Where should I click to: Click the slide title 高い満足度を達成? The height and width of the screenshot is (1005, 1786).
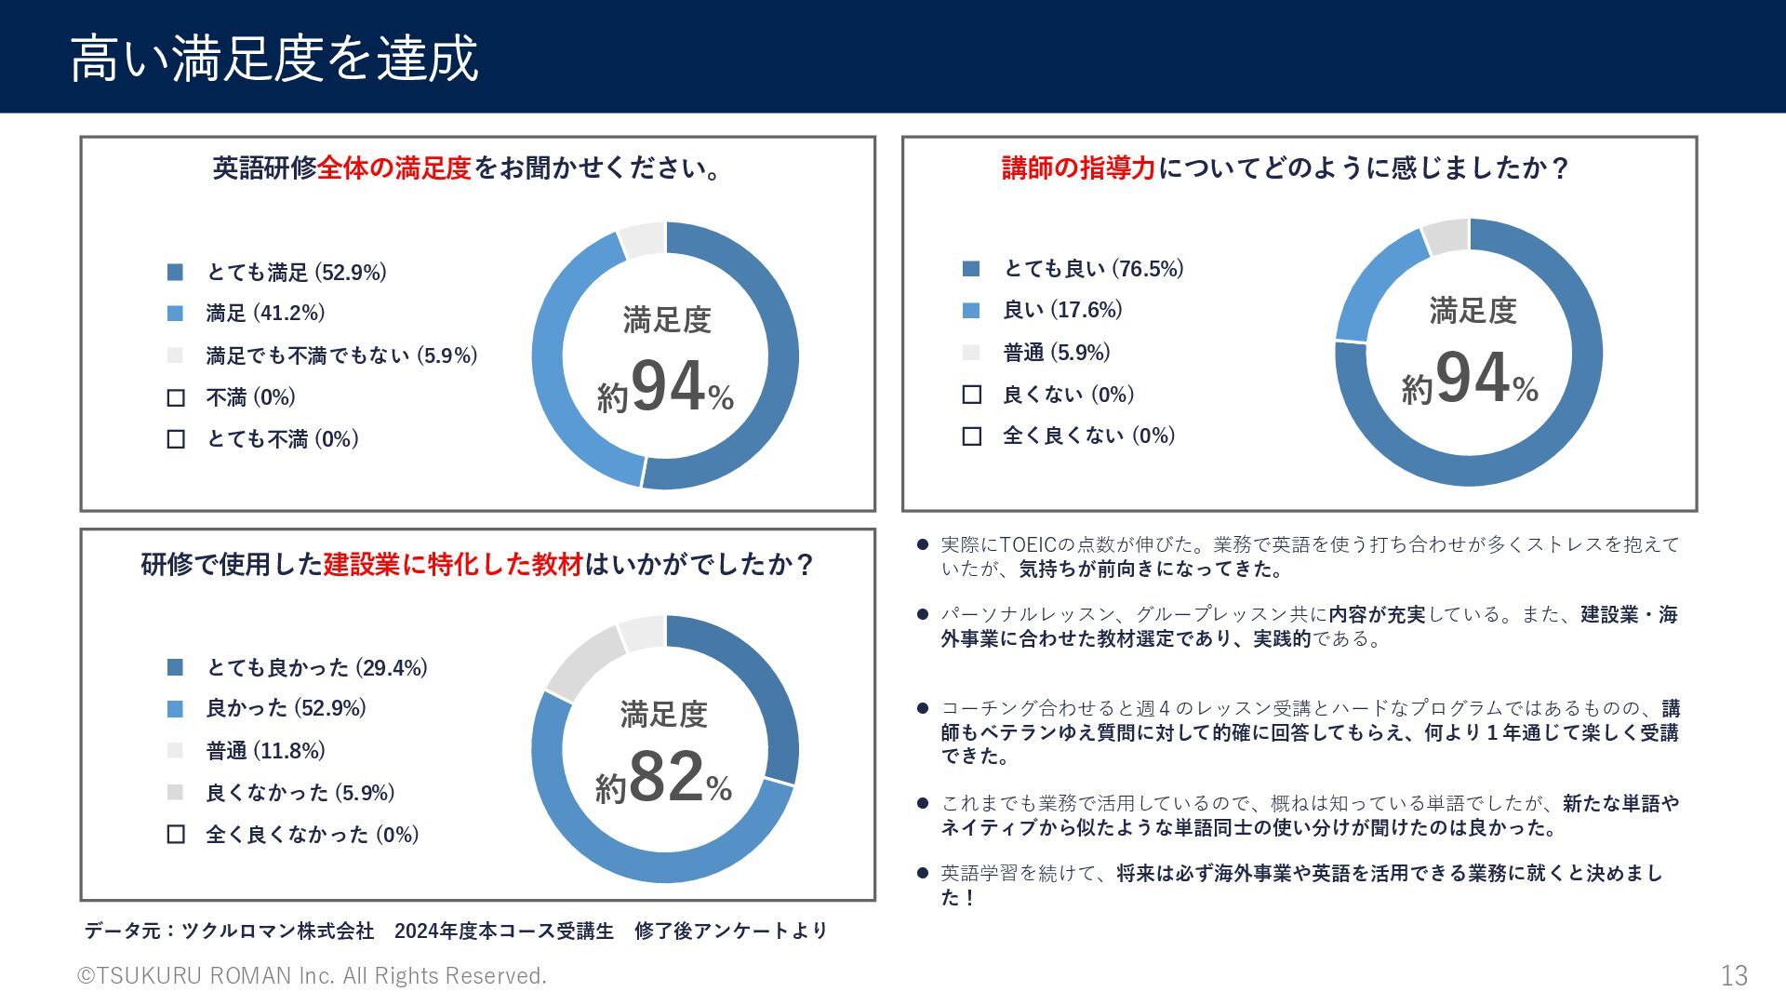273,58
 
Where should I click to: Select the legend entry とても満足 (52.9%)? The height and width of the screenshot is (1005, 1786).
295,272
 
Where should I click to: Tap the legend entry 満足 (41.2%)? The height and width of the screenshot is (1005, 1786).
265,313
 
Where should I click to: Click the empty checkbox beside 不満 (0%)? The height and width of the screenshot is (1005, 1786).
176,398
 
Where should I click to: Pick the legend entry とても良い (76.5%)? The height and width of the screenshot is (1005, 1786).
1093,269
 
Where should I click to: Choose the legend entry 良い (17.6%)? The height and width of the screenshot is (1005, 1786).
1062,310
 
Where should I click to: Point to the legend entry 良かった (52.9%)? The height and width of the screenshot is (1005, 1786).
286,708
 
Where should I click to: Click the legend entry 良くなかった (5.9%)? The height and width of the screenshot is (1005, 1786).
300,793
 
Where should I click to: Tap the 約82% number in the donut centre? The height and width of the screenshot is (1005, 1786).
664,778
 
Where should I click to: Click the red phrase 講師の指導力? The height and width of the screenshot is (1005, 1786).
1078,168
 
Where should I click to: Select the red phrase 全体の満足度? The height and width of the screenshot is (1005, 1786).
394,168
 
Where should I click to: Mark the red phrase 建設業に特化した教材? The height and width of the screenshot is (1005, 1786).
453,564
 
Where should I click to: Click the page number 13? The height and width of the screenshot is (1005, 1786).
1734,975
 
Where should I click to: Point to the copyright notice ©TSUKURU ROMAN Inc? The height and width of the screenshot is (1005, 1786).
312,975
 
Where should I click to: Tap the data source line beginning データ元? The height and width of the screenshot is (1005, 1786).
456,931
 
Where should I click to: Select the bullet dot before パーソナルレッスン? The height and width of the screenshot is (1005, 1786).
922,614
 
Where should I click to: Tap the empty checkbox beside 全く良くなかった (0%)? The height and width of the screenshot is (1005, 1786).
176,835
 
